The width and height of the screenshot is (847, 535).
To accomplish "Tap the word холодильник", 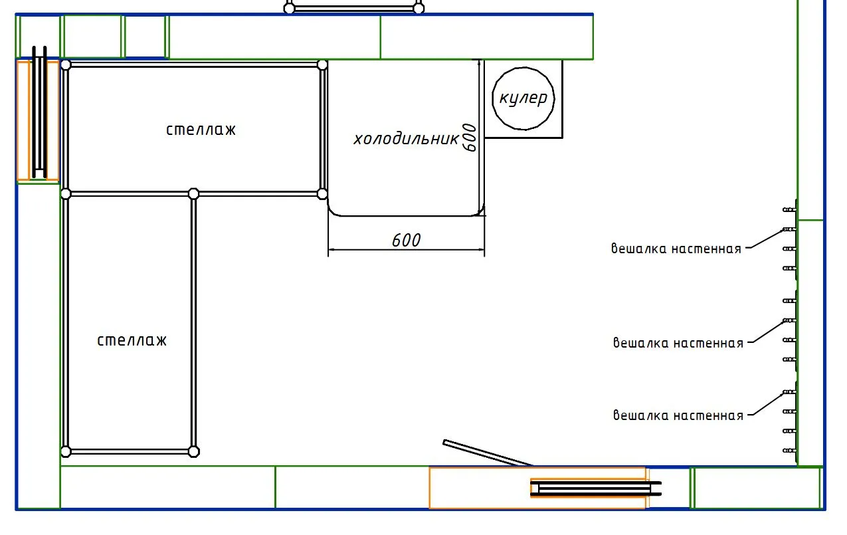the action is (x=406, y=139).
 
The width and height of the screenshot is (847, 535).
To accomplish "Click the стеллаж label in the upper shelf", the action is (x=201, y=130).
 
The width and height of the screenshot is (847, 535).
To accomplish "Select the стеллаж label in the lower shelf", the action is (x=132, y=340).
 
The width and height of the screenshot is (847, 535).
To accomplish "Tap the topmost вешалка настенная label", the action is (x=676, y=249).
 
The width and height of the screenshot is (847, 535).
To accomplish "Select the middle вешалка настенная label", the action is (x=678, y=343).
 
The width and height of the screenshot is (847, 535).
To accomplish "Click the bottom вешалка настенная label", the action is (x=678, y=415).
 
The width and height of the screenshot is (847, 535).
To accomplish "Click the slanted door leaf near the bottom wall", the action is (x=488, y=453).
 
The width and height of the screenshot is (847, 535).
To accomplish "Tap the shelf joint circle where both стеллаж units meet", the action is (x=193, y=193).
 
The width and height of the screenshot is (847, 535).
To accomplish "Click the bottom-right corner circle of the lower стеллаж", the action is (x=193, y=451).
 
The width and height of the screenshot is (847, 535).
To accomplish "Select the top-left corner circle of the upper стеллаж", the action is (x=66, y=65).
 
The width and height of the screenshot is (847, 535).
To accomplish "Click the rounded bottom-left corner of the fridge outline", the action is (x=331, y=212).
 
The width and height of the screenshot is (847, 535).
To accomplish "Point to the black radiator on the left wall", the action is (x=39, y=112).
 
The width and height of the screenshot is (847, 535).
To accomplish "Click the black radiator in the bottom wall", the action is (x=596, y=488).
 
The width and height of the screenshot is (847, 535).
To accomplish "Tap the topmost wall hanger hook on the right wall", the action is (x=789, y=209).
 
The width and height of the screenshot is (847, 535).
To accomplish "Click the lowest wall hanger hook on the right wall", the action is (x=789, y=451).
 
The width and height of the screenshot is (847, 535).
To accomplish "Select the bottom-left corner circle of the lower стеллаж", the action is (x=66, y=451).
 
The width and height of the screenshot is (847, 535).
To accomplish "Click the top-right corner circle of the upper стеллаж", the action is (x=322, y=65).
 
